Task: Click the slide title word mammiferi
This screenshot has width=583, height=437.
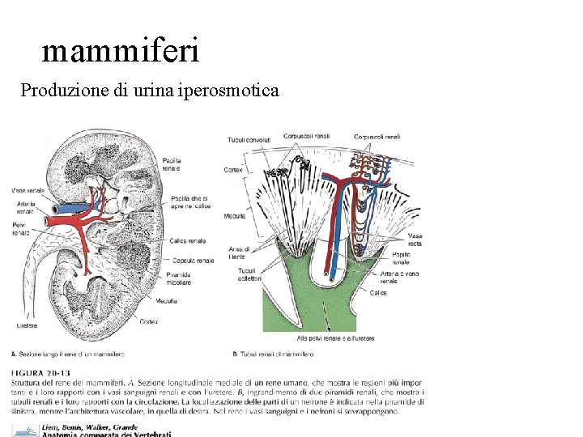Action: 120,51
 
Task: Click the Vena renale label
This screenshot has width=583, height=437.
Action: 28,190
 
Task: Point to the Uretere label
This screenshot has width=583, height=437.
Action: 27,325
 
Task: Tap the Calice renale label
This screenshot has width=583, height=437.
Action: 188,240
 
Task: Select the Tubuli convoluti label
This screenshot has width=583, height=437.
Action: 249,140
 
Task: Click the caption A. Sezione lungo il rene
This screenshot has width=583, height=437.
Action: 68,354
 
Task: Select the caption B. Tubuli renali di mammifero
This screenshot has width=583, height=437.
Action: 273,354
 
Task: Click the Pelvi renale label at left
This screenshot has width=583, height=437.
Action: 20,228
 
